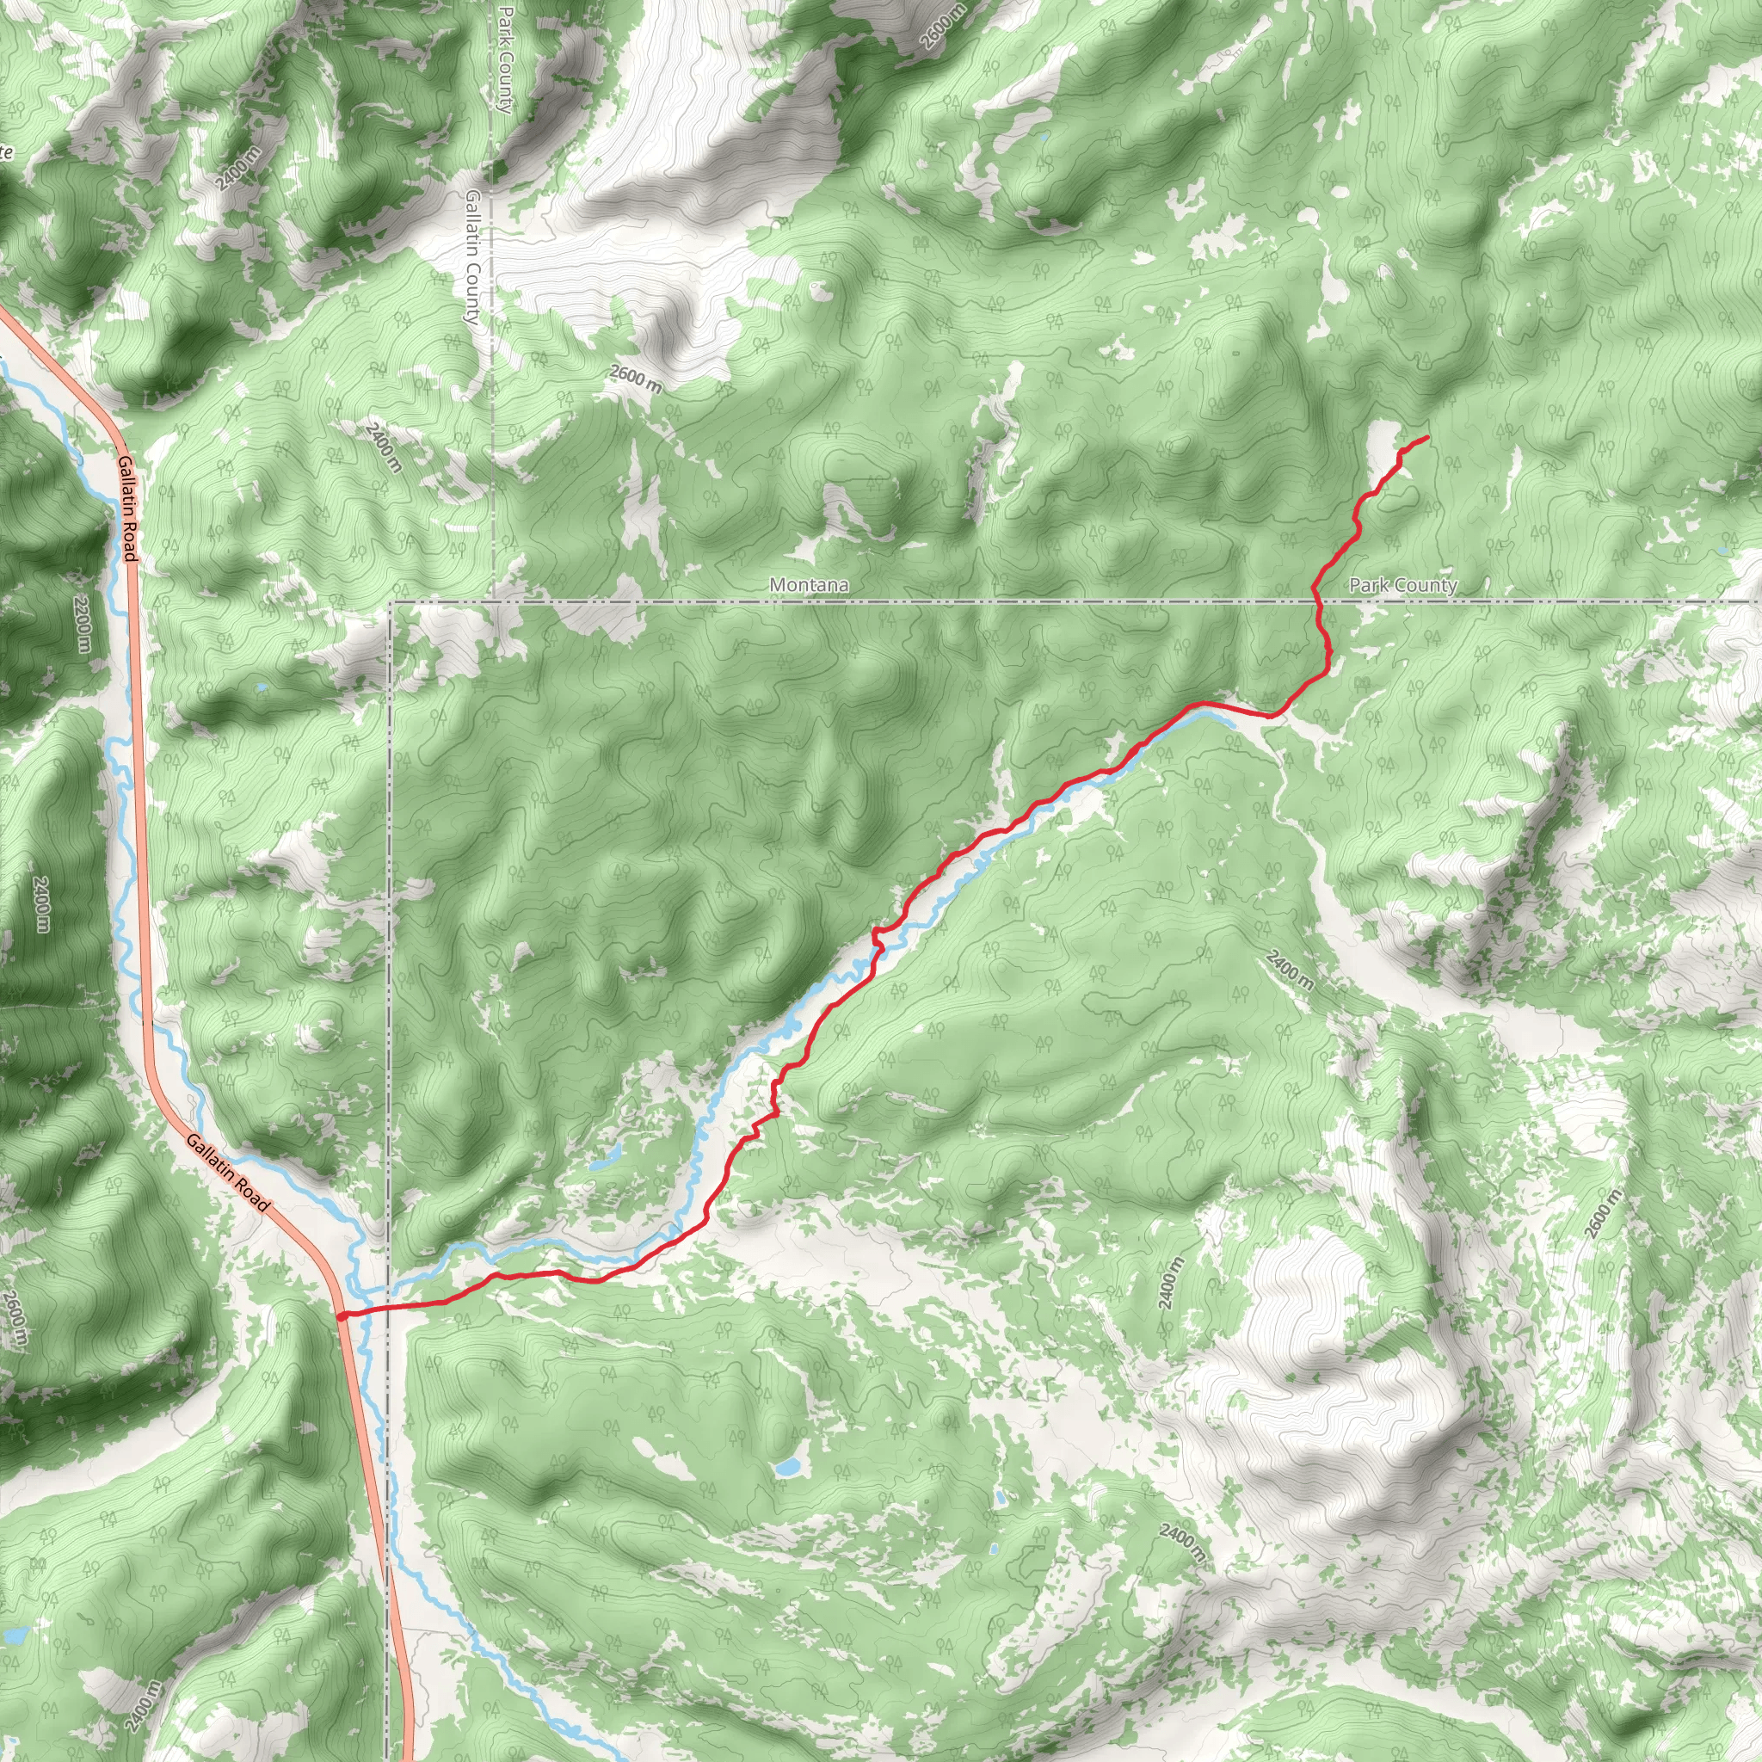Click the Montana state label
coord(809,584)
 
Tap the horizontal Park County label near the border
coord(1402,584)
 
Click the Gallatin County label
coord(471,257)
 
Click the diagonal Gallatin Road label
coord(229,1173)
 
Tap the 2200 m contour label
coord(83,624)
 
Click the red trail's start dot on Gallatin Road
coord(340,1316)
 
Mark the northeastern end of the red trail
coord(1426,439)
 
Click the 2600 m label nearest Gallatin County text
coord(636,379)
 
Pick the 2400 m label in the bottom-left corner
coord(143,1705)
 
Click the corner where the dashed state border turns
coord(391,603)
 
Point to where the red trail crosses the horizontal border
coord(1317,601)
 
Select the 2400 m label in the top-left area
coord(238,169)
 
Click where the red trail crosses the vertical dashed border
coord(391,1308)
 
